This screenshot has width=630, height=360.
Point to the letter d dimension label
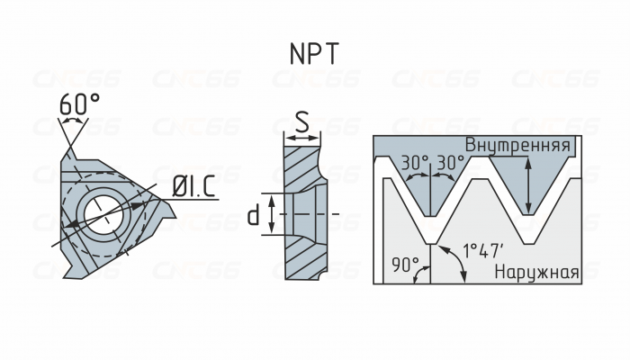254,214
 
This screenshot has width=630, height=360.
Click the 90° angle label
406,265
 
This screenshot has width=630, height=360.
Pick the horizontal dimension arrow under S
302,138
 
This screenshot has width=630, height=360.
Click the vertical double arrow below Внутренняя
528,184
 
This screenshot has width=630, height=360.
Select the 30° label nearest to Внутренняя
451,163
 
